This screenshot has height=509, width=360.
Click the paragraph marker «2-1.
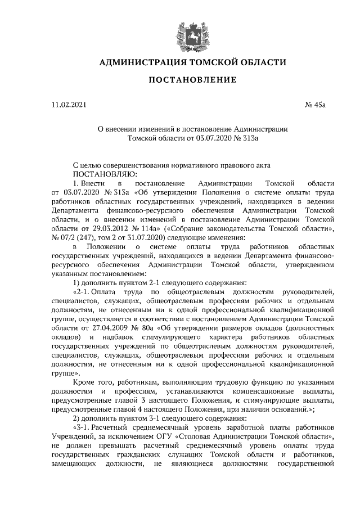[x=83, y=292]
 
